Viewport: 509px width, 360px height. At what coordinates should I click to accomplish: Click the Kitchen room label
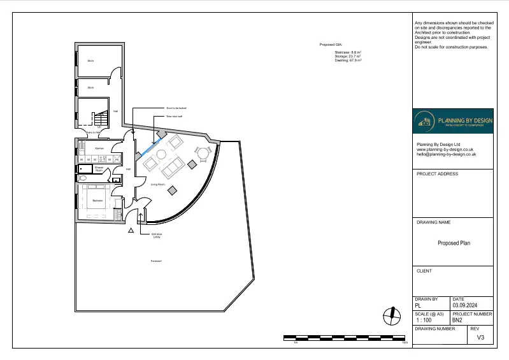pos(99,148)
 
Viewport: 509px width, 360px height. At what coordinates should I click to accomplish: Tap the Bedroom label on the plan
pos(97,200)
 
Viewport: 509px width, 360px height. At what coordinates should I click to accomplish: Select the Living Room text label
pos(158,184)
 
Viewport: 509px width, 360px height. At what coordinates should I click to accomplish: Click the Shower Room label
pos(99,169)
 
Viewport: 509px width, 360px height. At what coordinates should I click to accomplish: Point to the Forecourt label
pos(156,261)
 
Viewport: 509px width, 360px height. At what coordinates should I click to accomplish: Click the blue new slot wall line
pos(148,147)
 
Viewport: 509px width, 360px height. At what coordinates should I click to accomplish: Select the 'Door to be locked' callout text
pos(176,109)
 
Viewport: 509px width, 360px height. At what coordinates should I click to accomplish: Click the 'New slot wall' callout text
pos(174,117)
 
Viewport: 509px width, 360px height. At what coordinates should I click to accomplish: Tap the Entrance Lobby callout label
pos(156,235)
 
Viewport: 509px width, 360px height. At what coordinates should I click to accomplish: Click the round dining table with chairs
pos(203,152)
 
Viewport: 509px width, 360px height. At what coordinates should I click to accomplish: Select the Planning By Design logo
pos(453,122)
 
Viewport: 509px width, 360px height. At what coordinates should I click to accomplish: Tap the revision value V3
pos(480,338)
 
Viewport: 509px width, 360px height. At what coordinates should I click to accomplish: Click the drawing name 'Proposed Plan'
pos(453,243)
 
